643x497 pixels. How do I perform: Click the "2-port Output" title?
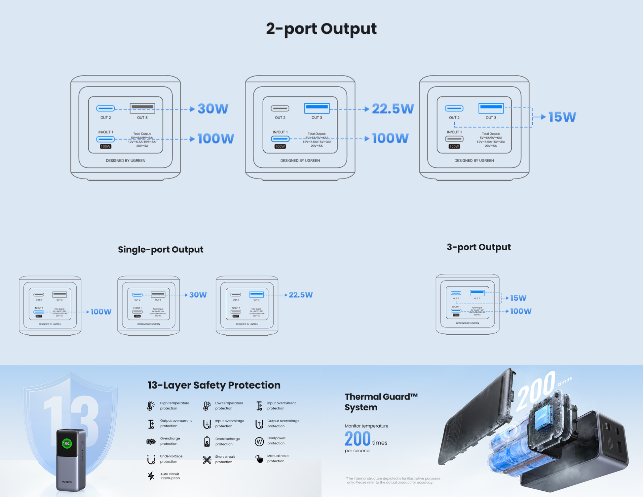pos(321,29)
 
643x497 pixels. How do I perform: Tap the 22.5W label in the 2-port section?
pos(393,109)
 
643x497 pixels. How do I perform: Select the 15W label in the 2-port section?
pos(562,117)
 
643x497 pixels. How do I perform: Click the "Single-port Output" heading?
pos(161,249)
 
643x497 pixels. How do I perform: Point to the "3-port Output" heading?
pos(478,247)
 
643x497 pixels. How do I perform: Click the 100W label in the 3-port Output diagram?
pos(521,311)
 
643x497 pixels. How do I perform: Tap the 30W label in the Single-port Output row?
pos(198,295)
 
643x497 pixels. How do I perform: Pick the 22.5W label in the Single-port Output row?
pos(301,295)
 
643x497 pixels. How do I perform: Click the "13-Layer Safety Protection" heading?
pos(214,385)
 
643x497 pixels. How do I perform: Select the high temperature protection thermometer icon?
pos(151,406)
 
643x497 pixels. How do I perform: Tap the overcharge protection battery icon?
pos(151,441)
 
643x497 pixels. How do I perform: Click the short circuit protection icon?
pos(207,460)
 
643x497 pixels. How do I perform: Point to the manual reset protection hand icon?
pos(259,459)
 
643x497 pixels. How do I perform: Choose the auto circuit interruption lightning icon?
pos(151,476)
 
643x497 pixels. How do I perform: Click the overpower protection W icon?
pos(259,441)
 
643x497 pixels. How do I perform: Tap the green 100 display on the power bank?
pos(67,443)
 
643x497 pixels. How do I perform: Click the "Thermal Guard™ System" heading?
pos(381,402)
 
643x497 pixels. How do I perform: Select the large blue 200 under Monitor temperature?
pos(358,439)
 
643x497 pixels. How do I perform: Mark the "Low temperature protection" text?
pos(229,406)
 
